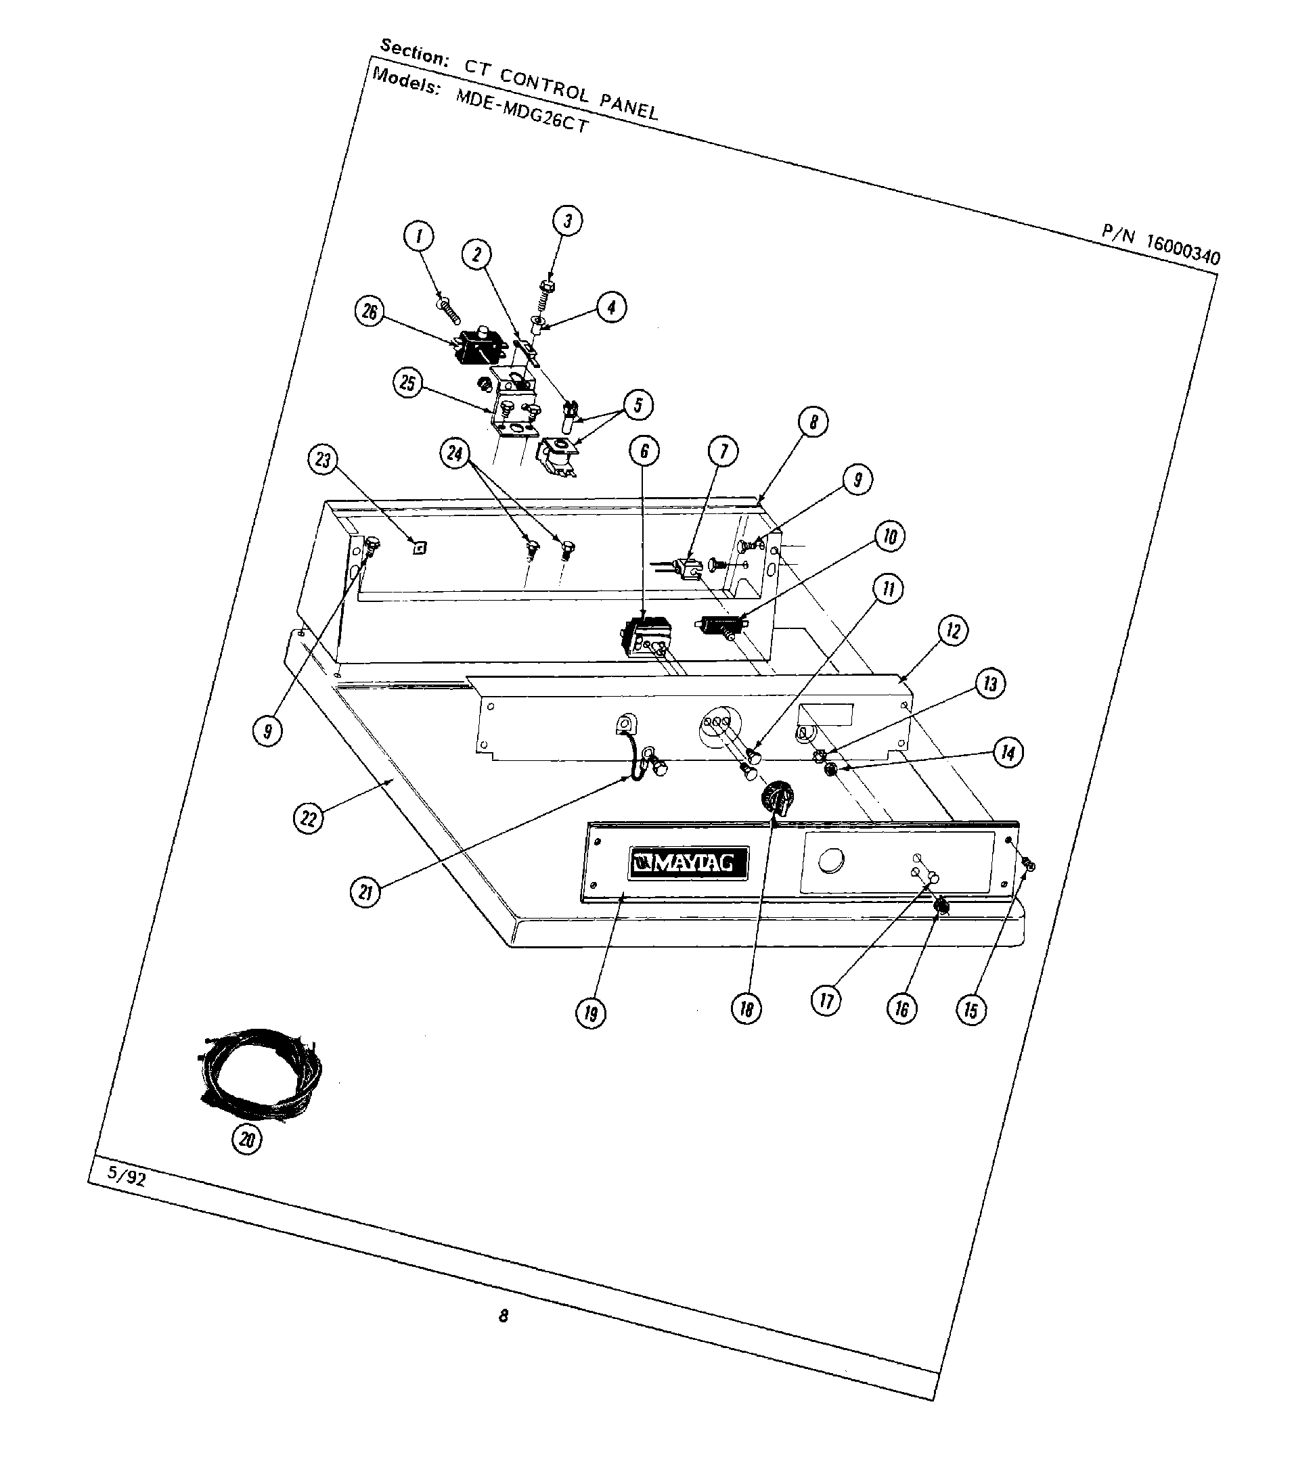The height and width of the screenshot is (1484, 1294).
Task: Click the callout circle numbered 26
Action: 370,312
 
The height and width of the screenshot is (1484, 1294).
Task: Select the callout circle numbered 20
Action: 246,1140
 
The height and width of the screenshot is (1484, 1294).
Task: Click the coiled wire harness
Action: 260,1071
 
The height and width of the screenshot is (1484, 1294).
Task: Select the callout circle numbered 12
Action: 953,631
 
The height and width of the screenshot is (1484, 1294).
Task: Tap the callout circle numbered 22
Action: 309,818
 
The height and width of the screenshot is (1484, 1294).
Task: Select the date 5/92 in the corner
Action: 127,1176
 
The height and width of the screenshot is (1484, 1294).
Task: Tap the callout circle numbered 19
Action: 591,1014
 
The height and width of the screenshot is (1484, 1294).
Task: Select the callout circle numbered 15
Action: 970,1010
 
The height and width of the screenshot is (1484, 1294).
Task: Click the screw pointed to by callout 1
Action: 449,310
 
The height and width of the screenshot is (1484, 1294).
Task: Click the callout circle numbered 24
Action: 455,454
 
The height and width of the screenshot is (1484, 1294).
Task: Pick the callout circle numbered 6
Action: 644,451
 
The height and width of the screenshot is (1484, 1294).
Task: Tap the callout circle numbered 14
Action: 1008,753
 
